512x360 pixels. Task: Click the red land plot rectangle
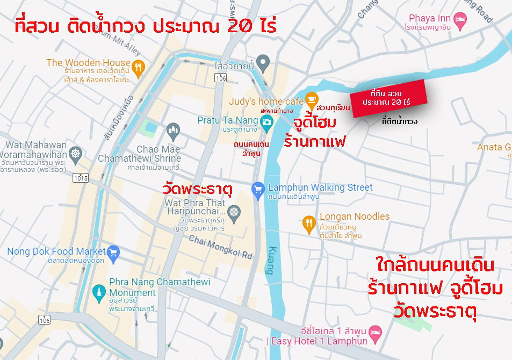tap(387, 98)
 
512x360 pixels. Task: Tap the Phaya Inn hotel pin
tap(461, 20)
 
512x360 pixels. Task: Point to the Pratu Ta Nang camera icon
tap(266, 123)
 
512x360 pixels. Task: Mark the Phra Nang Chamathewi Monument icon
tap(98, 292)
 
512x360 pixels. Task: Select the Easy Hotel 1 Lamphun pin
tap(376, 332)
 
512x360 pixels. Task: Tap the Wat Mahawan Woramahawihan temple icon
tap(76, 154)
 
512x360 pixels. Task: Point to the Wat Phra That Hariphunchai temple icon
tap(234, 212)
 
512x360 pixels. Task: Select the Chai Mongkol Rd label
tap(220, 247)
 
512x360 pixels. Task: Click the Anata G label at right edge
tap(494, 147)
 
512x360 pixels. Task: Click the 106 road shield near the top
tap(219, 78)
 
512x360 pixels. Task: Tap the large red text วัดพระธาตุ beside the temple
tap(197, 189)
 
